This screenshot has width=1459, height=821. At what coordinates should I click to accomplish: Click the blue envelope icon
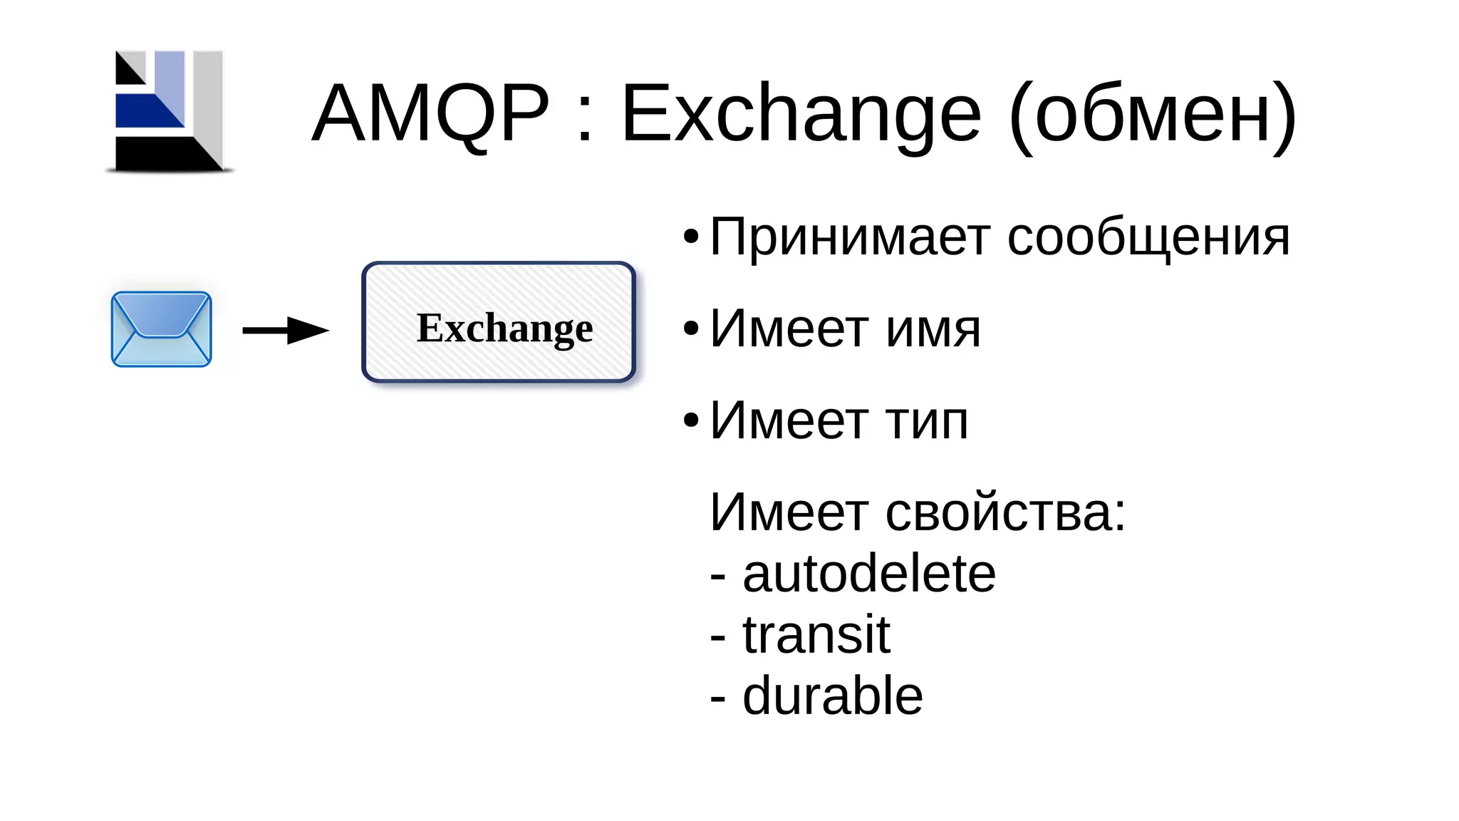162,329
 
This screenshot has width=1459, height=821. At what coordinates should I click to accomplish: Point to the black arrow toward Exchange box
286,330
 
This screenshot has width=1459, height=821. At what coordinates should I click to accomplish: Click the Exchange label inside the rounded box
504,329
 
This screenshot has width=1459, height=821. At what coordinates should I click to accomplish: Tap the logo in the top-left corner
170,111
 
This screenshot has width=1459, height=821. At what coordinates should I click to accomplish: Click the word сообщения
1148,238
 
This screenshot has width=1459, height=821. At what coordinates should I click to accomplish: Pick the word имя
933,329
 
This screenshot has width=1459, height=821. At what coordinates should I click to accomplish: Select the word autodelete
869,574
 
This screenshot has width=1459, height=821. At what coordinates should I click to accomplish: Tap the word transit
816,634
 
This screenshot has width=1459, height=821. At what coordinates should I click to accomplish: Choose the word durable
833,696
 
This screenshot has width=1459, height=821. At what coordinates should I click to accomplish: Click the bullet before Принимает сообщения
690,237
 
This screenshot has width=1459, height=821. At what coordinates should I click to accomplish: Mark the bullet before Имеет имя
690,329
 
